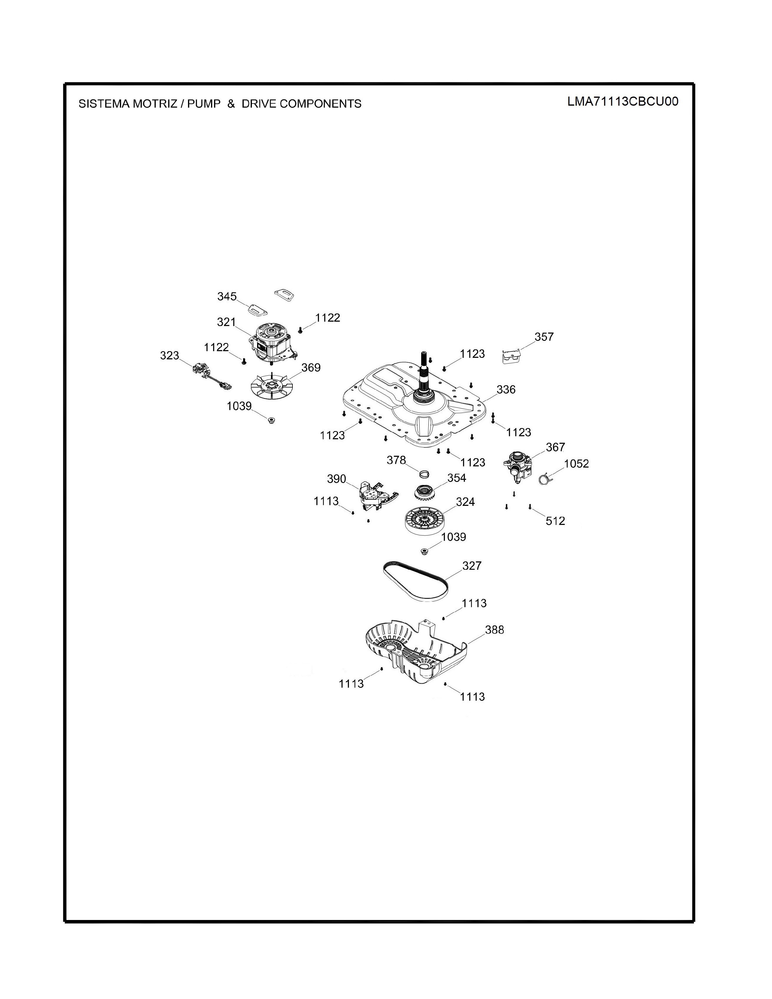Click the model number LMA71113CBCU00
tap(623, 101)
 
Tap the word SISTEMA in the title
tap(104, 104)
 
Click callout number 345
tap(227, 296)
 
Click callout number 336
tap(506, 389)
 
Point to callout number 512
tap(555, 521)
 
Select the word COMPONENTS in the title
tap(321, 104)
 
